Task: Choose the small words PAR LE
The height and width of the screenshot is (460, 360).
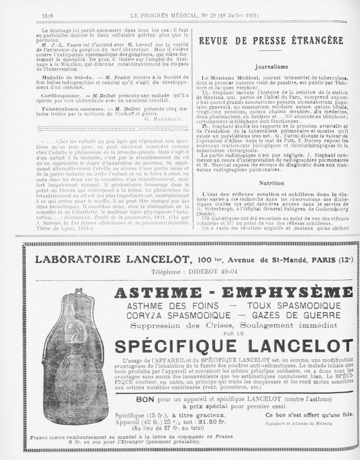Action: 233,333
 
